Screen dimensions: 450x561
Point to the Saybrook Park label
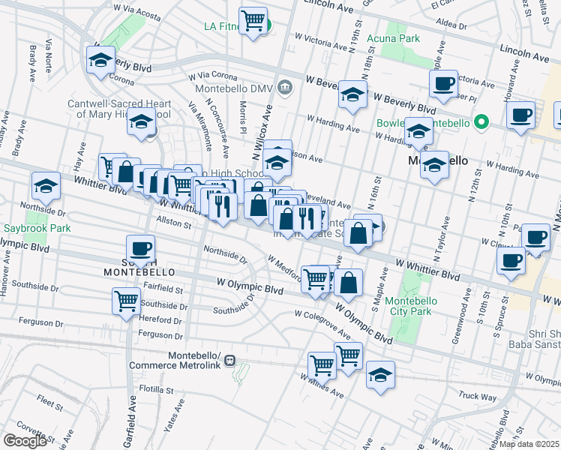pyautogui.click(x=27, y=227)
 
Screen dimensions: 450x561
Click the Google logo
pyautogui.click(x=25, y=440)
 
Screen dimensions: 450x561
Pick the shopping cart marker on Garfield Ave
pyautogui.click(x=126, y=301)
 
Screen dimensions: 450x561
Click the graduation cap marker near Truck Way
pyautogui.click(x=380, y=373)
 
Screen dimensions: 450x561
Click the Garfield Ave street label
pyautogui.click(x=131, y=420)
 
